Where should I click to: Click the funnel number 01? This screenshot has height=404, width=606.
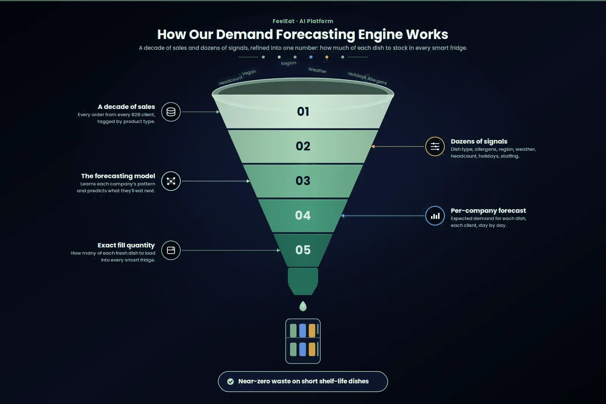pos(303,112)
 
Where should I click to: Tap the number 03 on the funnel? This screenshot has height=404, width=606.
pos(303,181)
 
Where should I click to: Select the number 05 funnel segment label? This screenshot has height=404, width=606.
pos(303,250)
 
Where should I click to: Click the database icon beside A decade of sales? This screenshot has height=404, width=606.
pos(171,112)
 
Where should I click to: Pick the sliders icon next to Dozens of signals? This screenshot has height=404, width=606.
pos(435,147)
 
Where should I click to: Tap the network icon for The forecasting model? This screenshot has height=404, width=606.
pos(171,181)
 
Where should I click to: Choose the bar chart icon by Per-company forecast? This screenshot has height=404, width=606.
pos(435,216)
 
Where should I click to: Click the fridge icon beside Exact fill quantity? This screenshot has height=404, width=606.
pos(171,250)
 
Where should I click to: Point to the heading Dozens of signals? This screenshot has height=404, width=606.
pos(479,142)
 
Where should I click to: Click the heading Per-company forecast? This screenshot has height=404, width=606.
pos(488,211)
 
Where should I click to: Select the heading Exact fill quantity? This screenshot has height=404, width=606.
pos(127,245)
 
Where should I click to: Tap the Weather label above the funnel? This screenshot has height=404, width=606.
pos(317,70)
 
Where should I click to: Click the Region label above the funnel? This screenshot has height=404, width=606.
pos(289,63)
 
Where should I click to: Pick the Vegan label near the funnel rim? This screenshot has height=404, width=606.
pos(248,72)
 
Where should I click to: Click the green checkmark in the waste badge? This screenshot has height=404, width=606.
pos(231,381)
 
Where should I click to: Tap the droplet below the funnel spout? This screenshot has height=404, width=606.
pos(303,306)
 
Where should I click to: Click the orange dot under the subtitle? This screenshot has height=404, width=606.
pos(327,57)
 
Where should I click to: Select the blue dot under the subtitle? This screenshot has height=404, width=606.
pos(311,57)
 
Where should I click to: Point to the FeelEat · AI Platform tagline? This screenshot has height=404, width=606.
pos(303,21)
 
